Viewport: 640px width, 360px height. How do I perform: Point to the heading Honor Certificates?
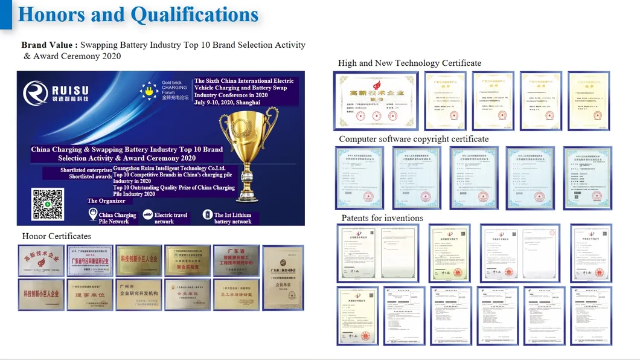(57, 236)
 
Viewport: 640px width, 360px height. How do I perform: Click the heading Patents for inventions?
(382, 217)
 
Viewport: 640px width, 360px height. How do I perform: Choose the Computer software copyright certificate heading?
(414, 139)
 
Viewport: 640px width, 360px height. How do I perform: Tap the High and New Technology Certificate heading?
(409, 63)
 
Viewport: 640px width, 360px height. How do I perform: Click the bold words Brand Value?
(48, 45)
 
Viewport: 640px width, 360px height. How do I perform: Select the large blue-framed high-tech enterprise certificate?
(376, 101)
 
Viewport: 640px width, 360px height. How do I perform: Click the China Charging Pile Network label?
(117, 218)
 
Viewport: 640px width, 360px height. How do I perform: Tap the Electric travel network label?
(171, 218)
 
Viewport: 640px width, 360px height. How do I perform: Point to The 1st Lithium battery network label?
(232, 218)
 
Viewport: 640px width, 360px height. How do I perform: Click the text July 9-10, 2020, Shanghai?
(227, 103)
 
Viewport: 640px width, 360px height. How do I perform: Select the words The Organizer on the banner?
(106, 201)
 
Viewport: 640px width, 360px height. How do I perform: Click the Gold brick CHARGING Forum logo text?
(174, 89)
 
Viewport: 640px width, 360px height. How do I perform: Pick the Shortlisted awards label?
(90, 176)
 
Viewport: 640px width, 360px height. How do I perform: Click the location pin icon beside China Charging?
(92, 215)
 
